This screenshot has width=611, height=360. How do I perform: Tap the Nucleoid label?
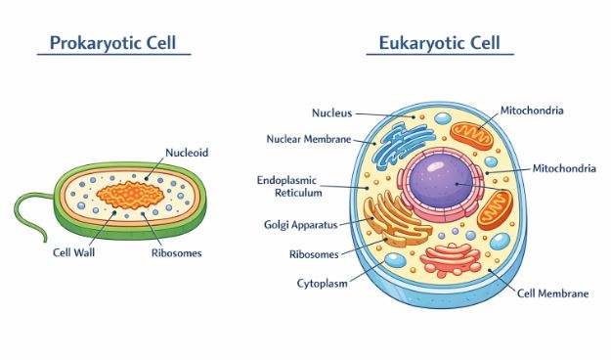click(187, 153)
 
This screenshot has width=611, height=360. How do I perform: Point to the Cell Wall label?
click(74, 251)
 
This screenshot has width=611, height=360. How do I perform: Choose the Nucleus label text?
click(331, 112)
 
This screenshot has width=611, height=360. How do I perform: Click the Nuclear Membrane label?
click(308, 139)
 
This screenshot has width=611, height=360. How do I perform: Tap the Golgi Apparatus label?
click(300, 224)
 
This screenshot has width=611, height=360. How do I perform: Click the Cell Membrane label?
click(552, 292)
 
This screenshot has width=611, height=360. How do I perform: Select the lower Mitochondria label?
click(563, 168)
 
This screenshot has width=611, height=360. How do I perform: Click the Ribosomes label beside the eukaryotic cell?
click(314, 254)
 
